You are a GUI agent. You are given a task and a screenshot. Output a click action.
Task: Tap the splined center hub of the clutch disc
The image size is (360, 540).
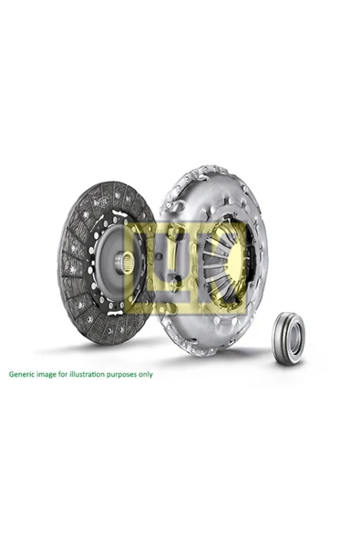click(x=127, y=263)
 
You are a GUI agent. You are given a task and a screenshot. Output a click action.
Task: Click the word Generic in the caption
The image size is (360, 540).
click(x=24, y=374)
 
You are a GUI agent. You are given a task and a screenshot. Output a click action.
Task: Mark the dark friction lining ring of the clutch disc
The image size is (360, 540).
click(x=73, y=274)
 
